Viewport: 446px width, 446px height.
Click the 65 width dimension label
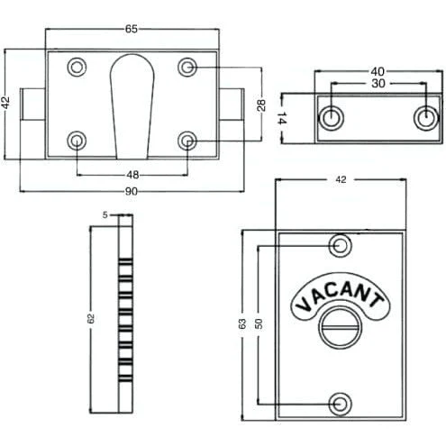[x=132, y=29]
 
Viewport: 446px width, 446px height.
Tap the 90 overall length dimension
[x=132, y=191]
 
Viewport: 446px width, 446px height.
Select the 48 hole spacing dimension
[x=132, y=175]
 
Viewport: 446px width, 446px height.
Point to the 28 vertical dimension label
[x=261, y=105]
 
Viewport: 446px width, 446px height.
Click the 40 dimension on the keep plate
[x=378, y=71]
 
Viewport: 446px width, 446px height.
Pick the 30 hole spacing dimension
[x=378, y=83]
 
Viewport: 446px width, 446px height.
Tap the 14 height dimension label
[x=281, y=118]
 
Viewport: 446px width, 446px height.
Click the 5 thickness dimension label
[x=105, y=215]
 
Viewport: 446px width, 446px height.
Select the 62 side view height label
[x=91, y=318]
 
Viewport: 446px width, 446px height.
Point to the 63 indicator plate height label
[x=242, y=323]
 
